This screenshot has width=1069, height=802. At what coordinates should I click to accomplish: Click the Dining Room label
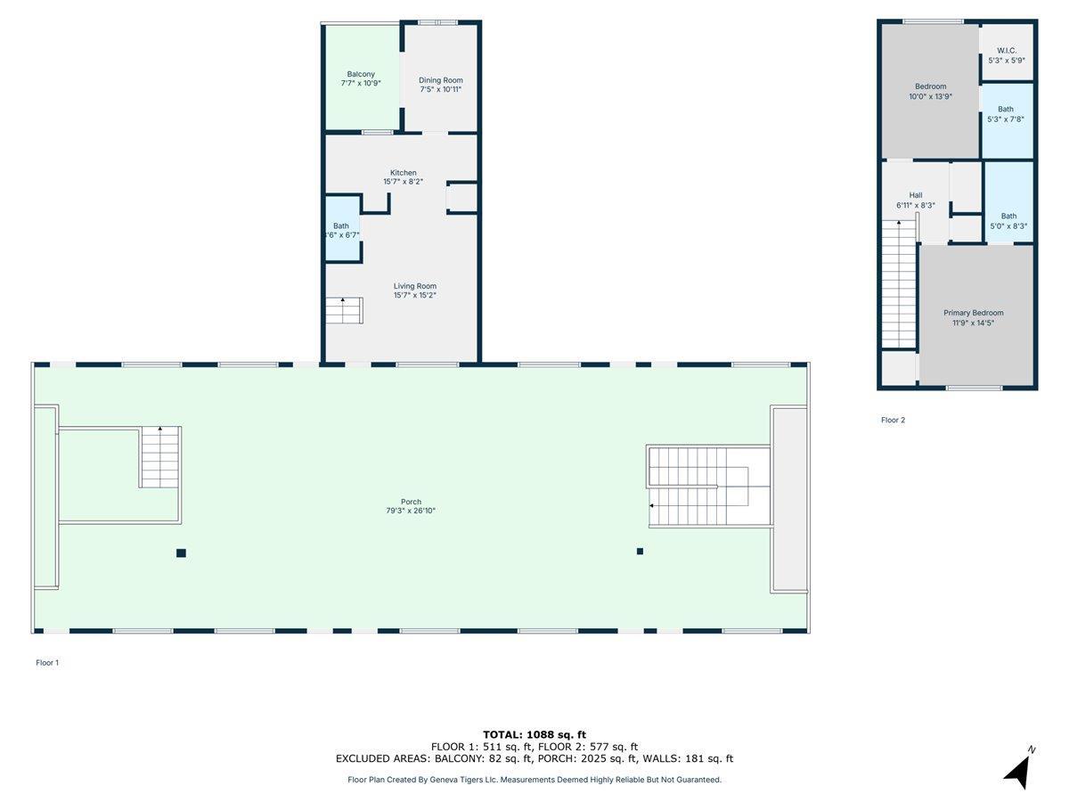point(441,80)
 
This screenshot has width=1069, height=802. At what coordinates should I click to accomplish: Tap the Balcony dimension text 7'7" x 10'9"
point(361,83)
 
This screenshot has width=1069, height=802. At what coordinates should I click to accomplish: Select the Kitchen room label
point(403,173)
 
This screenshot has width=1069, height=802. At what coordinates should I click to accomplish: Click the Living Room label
point(415,286)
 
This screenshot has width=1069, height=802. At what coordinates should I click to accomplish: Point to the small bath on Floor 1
point(342,230)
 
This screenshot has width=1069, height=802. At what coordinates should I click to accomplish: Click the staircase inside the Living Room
point(343,311)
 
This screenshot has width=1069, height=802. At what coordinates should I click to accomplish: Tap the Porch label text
point(411,502)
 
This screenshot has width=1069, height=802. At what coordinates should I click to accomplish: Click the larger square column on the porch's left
point(181,553)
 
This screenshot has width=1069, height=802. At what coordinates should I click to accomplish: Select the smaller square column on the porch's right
point(640,552)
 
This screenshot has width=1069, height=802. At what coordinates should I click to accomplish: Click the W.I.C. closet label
point(1007,51)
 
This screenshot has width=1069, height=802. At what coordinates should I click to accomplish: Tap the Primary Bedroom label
point(974,313)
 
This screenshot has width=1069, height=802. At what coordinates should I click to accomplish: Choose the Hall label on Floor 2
point(916,195)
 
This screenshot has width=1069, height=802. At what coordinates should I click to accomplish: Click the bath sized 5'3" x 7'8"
point(1007,114)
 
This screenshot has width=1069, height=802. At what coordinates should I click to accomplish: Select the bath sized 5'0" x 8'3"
point(1008,221)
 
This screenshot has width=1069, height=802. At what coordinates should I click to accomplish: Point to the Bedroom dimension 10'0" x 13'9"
point(931,96)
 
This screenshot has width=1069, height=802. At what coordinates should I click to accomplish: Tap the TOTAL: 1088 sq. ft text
point(534,734)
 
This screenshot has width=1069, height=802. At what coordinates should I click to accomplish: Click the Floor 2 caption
point(893,420)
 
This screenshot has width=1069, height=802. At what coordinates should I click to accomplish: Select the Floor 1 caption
point(47,663)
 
